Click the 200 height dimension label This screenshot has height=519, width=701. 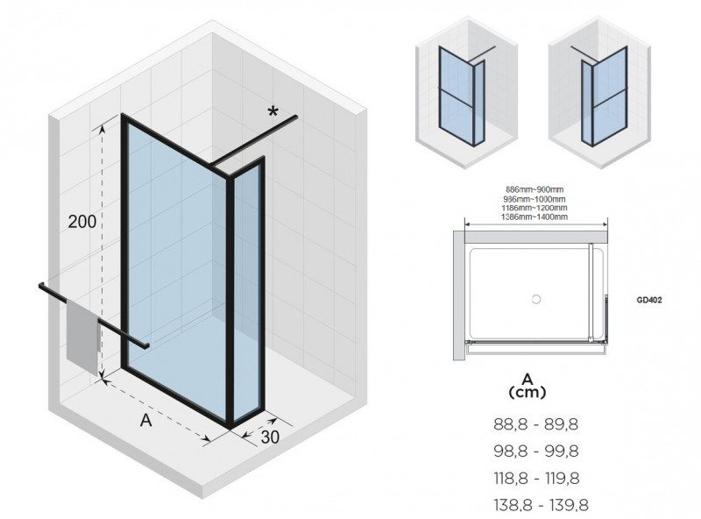82,221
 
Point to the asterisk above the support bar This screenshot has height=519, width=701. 273,111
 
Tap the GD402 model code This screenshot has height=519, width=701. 648,299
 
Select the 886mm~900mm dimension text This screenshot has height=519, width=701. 536,190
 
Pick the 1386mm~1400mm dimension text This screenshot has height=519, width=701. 536,217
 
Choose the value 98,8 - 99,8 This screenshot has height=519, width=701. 536,451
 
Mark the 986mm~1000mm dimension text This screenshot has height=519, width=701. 536,199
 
